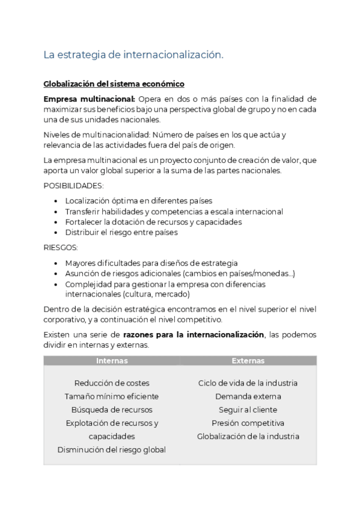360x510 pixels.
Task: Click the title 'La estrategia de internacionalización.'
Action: click(x=133, y=55)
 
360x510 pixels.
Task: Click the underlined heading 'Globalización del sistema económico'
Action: click(x=114, y=84)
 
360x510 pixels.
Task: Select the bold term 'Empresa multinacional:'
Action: click(x=89, y=99)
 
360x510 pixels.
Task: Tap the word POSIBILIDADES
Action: click(x=73, y=186)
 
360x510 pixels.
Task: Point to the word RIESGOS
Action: click(x=61, y=248)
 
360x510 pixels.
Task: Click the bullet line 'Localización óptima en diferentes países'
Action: click(x=138, y=201)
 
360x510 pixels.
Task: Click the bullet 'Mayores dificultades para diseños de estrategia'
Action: click(x=151, y=263)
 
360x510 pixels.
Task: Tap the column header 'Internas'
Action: click(x=112, y=361)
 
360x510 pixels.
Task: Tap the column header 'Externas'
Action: click(x=248, y=361)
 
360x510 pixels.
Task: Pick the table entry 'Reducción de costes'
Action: click(x=112, y=383)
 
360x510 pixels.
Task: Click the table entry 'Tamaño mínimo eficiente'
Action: click(x=112, y=396)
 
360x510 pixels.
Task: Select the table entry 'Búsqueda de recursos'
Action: click(x=112, y=410)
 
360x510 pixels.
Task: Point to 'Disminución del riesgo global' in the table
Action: click(x=112, y=450)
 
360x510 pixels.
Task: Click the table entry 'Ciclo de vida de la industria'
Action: click(x=248, y=383)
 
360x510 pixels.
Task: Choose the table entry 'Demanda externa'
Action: click(x=248, y=396)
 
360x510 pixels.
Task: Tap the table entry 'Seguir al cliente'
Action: click(x=248, y=410)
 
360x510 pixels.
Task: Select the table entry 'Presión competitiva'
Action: click(x=248, y=423)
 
